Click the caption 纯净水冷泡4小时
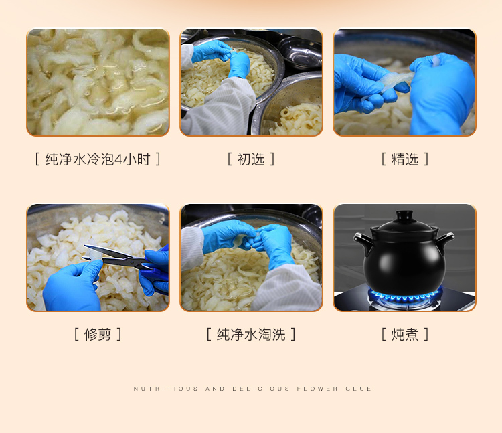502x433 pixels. tap(98, 159)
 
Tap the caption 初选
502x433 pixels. tap(251, 159)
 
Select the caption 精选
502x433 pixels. tap(405, 159)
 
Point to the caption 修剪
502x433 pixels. tap(98, 335)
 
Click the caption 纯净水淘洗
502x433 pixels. tap(251, 335)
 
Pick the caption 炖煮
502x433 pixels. tap(405, 335)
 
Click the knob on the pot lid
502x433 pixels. tap(405, 215)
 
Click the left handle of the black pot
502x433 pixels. tap(362, 241)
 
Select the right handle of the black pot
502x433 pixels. tap(445, 241)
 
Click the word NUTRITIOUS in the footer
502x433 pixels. tap(166, 389)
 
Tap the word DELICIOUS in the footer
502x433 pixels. tap(261, 389)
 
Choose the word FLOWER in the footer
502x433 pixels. tap(317, 389)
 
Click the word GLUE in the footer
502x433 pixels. tap(358, 389)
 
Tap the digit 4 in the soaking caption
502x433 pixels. tap(118, 160)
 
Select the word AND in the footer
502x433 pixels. tap(215, 389)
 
